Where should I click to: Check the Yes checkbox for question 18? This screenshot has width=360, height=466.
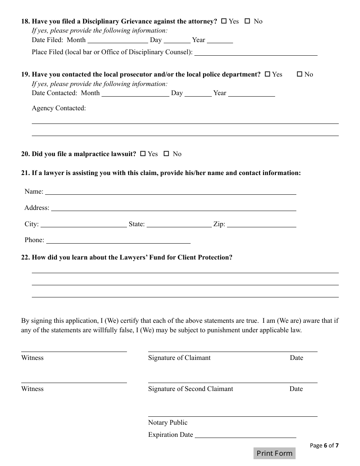tap(224, 21)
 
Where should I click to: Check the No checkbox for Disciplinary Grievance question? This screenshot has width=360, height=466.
tap(247, 21)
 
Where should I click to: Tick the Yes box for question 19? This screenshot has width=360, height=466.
tap(267, 74)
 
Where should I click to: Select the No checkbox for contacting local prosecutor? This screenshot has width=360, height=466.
tap(299, 74)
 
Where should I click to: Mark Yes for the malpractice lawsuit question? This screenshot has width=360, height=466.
tap(143, 154)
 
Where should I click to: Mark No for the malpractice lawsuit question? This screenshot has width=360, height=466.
tap(166, 154)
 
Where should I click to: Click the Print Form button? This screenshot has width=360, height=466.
tap(274, 453)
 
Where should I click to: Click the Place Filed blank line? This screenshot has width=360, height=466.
tap(256, 53)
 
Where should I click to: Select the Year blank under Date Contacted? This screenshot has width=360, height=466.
tap(251, 94)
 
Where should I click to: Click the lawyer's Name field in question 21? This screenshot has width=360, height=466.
tap(171, 192)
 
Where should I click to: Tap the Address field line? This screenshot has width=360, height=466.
tap(174, 208)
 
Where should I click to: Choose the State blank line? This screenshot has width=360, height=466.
tap(179, 225)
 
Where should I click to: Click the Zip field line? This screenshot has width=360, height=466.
tap(261, 225)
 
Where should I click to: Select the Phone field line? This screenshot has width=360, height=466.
tap(118, 241)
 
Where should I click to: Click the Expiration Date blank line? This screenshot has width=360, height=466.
tap(245, 435)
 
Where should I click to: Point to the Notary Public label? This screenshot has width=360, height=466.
tap(167, 422)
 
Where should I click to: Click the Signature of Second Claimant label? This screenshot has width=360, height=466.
tap(191, 389)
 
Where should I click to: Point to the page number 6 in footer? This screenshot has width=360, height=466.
tap(325, 446)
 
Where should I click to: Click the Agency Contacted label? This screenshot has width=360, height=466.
tap(59, 108)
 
